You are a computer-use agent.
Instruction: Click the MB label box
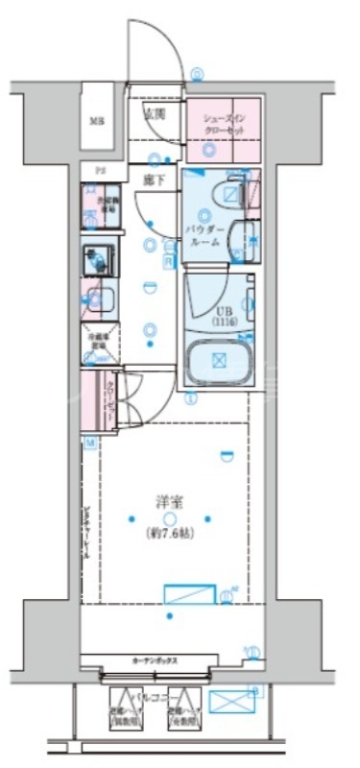coord(96,121)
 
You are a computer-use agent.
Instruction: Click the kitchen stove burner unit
coord(98,262)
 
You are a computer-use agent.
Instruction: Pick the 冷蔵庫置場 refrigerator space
coord(101,342)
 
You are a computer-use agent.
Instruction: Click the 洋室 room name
coord(170,501)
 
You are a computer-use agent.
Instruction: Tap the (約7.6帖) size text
coord(170,533)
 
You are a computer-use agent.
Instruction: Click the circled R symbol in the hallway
coord(167,258)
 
